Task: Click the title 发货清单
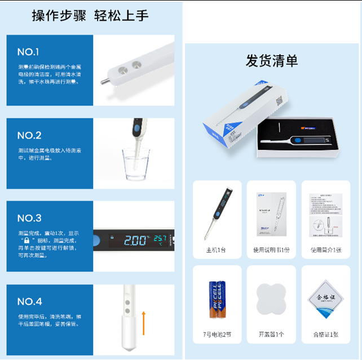tap(271, 61)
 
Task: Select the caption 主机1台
tap(217, 250)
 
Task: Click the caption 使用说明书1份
tap(271, 250)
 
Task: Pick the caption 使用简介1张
tap(326, 250)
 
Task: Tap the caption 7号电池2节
tap(217, 335)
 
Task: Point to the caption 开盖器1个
tap(271, 335)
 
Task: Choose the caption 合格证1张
tap(326, 335)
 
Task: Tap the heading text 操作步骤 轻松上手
tap(90, 16)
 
